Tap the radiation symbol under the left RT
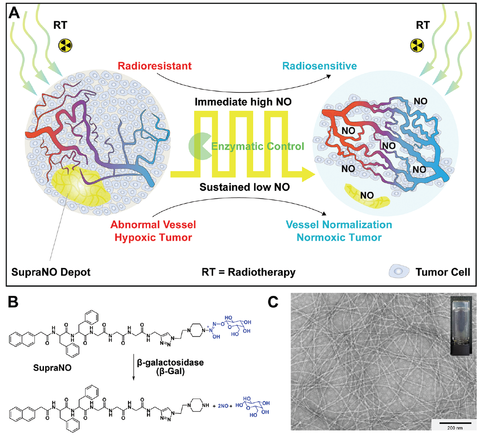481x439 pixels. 65,45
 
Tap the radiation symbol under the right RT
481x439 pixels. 415,45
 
